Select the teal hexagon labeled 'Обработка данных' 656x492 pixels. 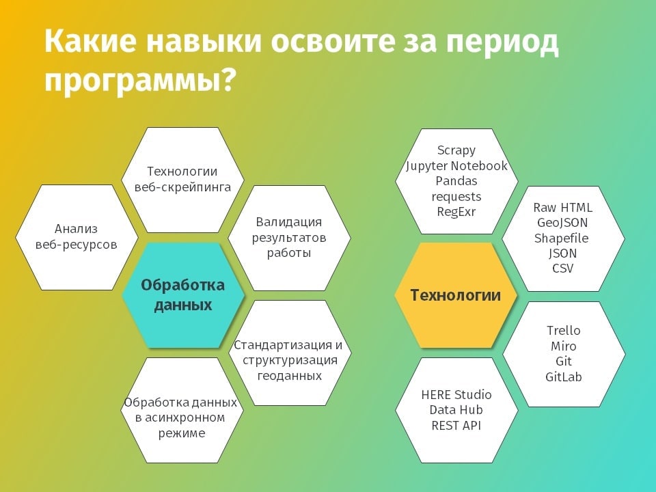click(x=183, y=295)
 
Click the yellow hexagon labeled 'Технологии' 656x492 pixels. click(x=456, y=295)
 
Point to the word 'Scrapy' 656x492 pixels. click(x=456, y=150)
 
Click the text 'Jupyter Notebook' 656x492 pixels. click(x=456, y=165)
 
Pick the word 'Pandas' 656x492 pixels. click(x=456, y=180)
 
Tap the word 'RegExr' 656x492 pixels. click(x=456, y=212)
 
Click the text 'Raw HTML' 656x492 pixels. click(x=562, y=208)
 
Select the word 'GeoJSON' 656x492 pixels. click(x=562, y=223)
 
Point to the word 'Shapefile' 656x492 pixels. click(x=562, y=238)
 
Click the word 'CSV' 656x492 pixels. click(x=562, y=268)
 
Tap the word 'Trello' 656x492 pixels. click(x=564, y=331)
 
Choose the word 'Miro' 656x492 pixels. click(x=564, y=346)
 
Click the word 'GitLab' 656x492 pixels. click(x=564, y=377)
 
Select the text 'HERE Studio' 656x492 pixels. click(x=456, y=394)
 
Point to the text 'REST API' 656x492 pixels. click(x=456, y=426)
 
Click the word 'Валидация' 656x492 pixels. click(x=288, y=222)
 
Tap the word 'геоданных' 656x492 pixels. click(x=290, y=376)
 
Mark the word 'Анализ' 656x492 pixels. click(x=76, y=229)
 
